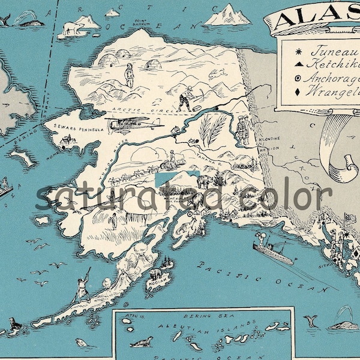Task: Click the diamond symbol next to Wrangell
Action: [298, 92]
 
